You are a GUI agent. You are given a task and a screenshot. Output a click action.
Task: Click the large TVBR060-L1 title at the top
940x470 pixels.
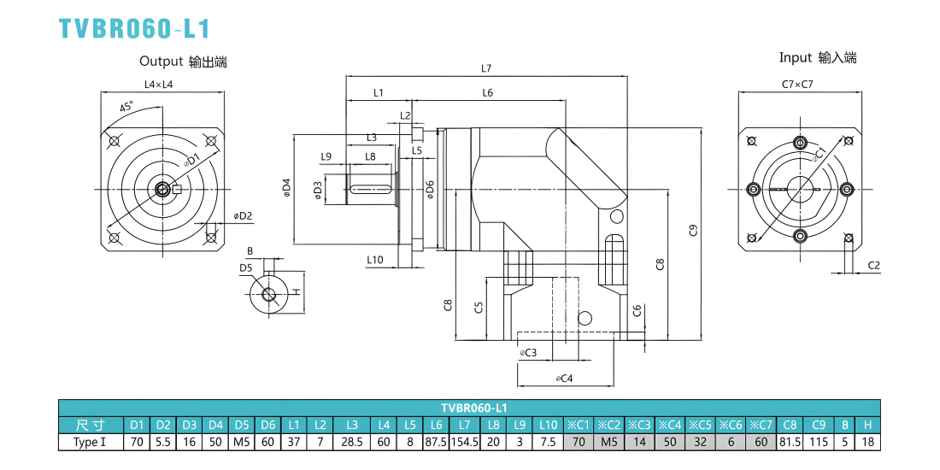pos(135,28)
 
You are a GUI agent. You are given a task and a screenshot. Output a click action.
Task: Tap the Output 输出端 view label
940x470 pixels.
pos(184,62)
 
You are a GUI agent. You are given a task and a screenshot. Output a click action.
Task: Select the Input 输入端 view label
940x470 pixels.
pos(818,57)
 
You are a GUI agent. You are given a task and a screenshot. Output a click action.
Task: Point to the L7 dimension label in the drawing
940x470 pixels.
pos(486,69)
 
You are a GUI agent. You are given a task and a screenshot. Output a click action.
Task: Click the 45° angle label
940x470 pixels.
pos(126,108)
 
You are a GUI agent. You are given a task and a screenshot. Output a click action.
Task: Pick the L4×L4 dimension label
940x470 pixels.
pos(159,85)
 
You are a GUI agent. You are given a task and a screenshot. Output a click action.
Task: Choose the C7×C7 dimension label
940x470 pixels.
pos(797,85)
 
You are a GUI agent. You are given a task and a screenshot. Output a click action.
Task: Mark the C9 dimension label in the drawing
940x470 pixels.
pos(694,230)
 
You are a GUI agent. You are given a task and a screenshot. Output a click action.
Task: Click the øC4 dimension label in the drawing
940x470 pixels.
pos(565,379)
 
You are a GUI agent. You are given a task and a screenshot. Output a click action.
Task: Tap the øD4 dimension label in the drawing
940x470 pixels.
pos(286,188)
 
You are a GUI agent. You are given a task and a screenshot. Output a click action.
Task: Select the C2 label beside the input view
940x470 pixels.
pos(873,265)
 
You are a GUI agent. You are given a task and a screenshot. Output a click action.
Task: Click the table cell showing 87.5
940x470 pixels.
pos(436,443)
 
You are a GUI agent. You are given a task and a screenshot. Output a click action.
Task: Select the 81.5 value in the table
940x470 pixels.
pos(790,443)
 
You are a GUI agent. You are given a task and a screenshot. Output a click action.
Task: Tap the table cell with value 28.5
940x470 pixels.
pos(352,443)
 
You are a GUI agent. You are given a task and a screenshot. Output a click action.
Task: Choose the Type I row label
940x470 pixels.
pos(91,443)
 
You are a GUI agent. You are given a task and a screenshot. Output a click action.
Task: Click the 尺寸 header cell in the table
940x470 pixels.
pos(91,425)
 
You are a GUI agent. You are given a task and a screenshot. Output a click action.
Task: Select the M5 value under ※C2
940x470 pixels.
pos(609,443)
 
